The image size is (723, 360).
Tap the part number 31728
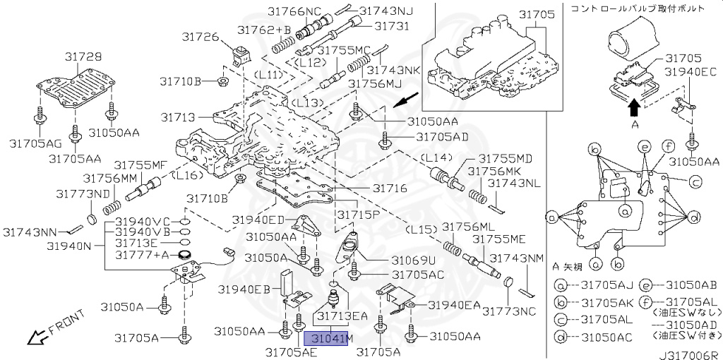[83, 56]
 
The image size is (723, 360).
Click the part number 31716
[390, 188]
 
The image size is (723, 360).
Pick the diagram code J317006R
[689, 355]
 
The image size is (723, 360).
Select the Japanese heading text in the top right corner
[638, 8]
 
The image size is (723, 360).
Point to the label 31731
[391, 26]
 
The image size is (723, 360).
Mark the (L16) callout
[186, 175]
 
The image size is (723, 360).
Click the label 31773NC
[509, 311]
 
